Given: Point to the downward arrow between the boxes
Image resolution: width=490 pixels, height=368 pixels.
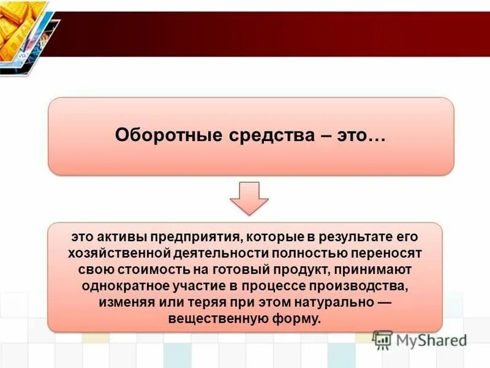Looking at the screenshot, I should [x=249, y=197].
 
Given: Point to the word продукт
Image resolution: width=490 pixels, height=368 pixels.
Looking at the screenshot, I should [x=270, y=269].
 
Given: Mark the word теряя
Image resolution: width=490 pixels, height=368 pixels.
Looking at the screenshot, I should [x=191, y=302].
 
